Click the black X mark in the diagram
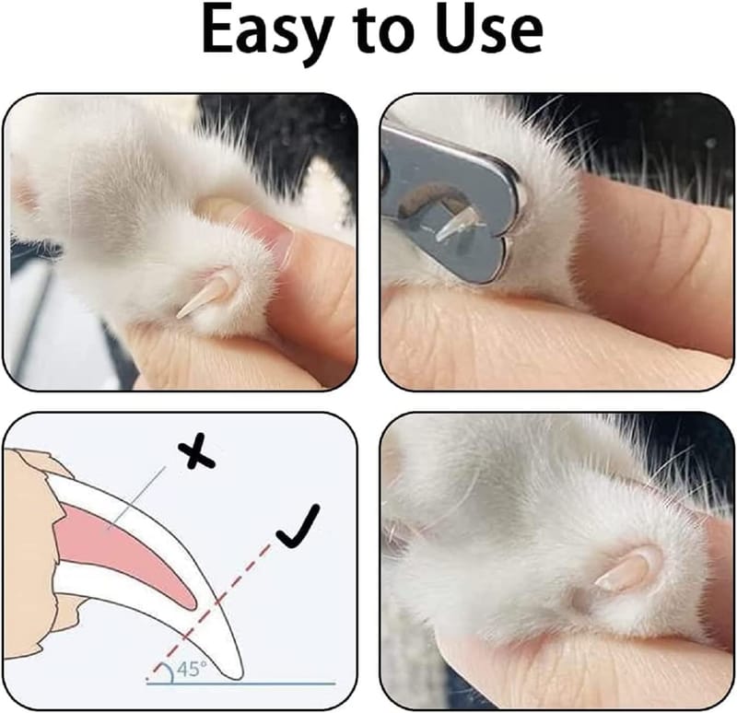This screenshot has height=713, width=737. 196,450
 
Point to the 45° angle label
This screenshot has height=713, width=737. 192,669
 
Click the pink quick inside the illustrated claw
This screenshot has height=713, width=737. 123,556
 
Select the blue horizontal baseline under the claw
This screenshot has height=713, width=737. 240,684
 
